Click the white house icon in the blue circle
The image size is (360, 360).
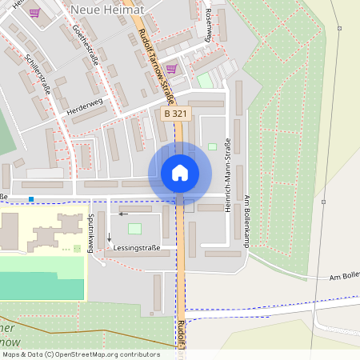point(179,172)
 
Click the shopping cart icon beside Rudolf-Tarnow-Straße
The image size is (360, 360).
point(170,69)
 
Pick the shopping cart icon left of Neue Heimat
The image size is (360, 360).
point(34,13)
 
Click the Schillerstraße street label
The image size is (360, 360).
point(38,74)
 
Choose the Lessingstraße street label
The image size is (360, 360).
point(136,248)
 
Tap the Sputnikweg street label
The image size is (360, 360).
point(91,234)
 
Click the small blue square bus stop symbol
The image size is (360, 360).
point(31,198)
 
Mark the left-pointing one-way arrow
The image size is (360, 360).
point(123,214)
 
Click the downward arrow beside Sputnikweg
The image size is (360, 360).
point(110,239)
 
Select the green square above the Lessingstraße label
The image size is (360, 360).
point(134,229)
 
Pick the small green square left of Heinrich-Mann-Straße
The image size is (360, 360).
point(212,146)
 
